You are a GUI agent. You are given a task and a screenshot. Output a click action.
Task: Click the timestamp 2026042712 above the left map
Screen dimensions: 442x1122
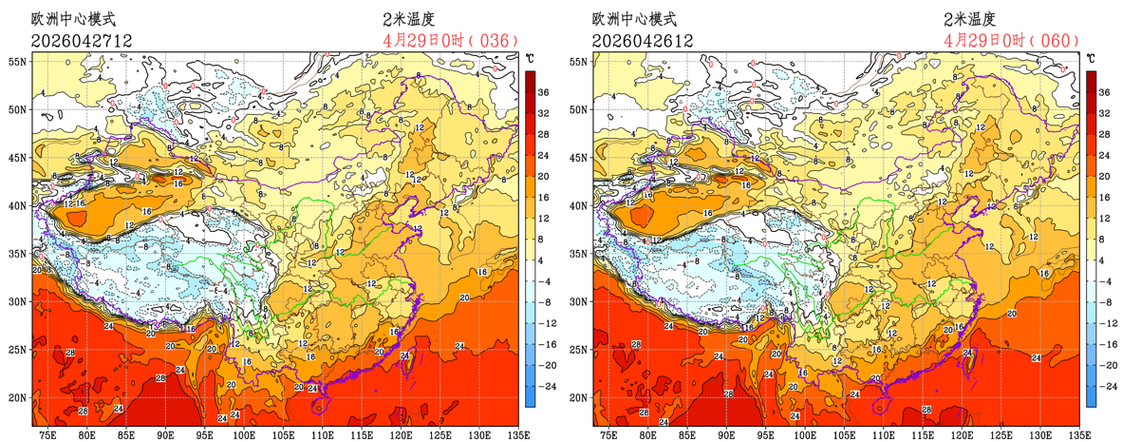[81, 41]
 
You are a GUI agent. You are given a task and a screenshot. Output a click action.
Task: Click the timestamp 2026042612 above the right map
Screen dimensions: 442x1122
[643, 41]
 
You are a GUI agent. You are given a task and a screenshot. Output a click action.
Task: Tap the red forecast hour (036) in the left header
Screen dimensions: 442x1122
[493, 41]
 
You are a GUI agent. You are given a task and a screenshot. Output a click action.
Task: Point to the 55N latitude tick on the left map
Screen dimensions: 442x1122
[17, 61]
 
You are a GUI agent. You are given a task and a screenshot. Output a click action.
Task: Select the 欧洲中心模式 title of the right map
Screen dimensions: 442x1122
[635, 19]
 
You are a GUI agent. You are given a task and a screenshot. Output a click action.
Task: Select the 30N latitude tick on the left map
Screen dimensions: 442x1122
[17, 301]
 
